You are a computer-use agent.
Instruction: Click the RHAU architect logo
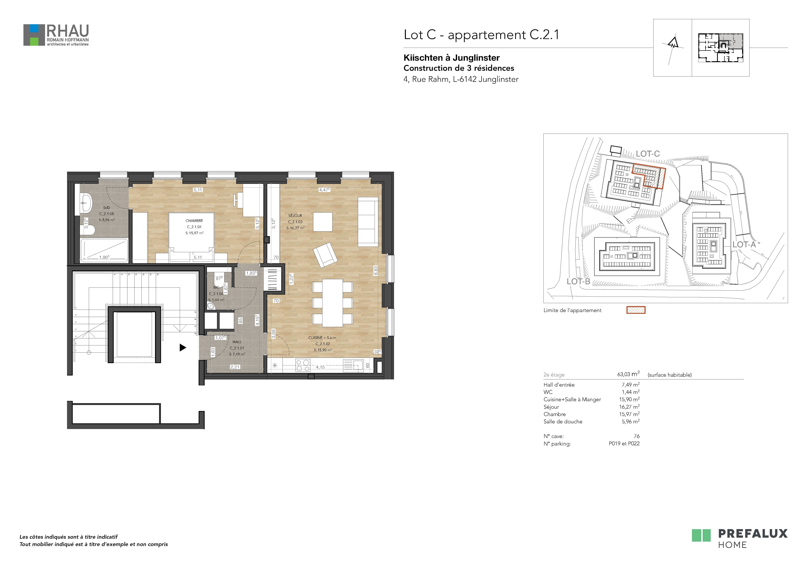coord(56,35)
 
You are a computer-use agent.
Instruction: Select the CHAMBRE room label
coord(194,221)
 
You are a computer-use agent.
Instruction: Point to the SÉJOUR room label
coord(295,215)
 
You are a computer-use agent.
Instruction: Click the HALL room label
coord(237,342)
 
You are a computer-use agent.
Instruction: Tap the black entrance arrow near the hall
coord(183,348)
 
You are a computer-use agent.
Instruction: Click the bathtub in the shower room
coord(104,250)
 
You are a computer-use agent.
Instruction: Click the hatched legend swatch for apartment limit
coord(636,310)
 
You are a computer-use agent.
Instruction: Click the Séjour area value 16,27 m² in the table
coord(629,407)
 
